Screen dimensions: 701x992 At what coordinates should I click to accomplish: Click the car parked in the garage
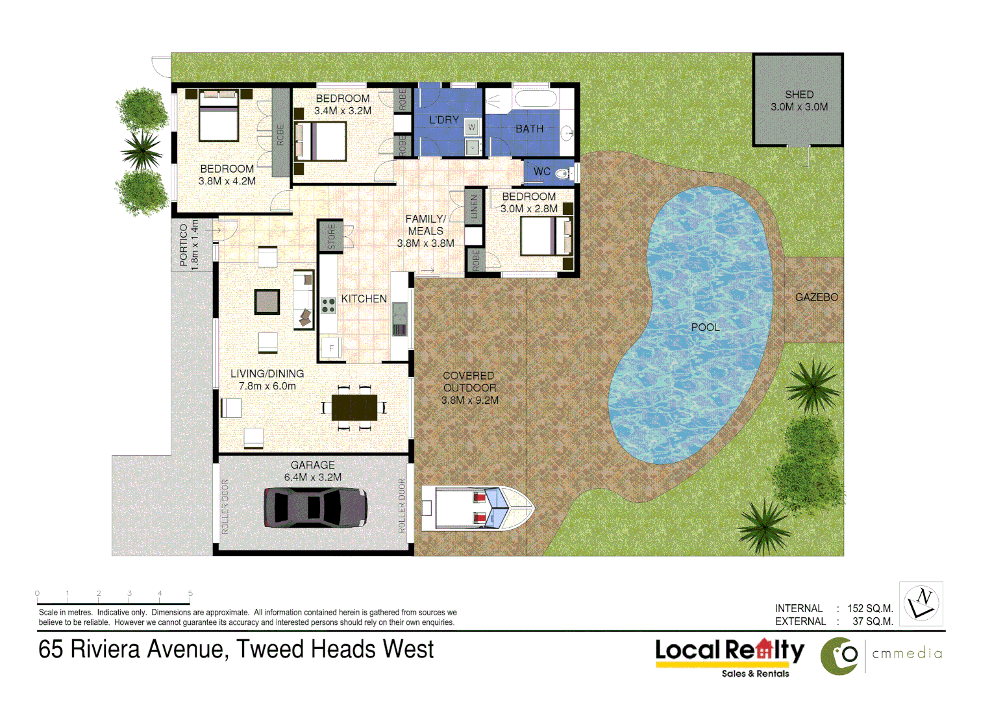316,508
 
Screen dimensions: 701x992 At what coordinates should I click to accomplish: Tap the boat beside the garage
477,508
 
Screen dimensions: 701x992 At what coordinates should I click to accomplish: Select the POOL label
705,327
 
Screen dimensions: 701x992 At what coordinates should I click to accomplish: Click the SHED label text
799,95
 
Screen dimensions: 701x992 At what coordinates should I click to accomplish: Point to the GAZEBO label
816,297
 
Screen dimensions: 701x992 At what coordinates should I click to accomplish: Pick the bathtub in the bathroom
535,100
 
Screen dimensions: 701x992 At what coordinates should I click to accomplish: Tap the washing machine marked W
472,127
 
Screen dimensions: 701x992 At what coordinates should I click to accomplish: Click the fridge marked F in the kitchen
331,348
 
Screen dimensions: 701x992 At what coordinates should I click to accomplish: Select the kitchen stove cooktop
329,305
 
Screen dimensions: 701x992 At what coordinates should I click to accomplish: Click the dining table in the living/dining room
354,408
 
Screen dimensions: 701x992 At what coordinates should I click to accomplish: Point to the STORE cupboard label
332,236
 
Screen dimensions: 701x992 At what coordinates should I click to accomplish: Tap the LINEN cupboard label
474,206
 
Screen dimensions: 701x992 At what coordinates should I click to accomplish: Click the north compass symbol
921,603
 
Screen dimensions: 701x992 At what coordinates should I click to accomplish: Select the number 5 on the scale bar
190,593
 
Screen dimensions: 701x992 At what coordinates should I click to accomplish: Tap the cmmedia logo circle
839,656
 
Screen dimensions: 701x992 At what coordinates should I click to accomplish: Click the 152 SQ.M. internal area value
870,608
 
